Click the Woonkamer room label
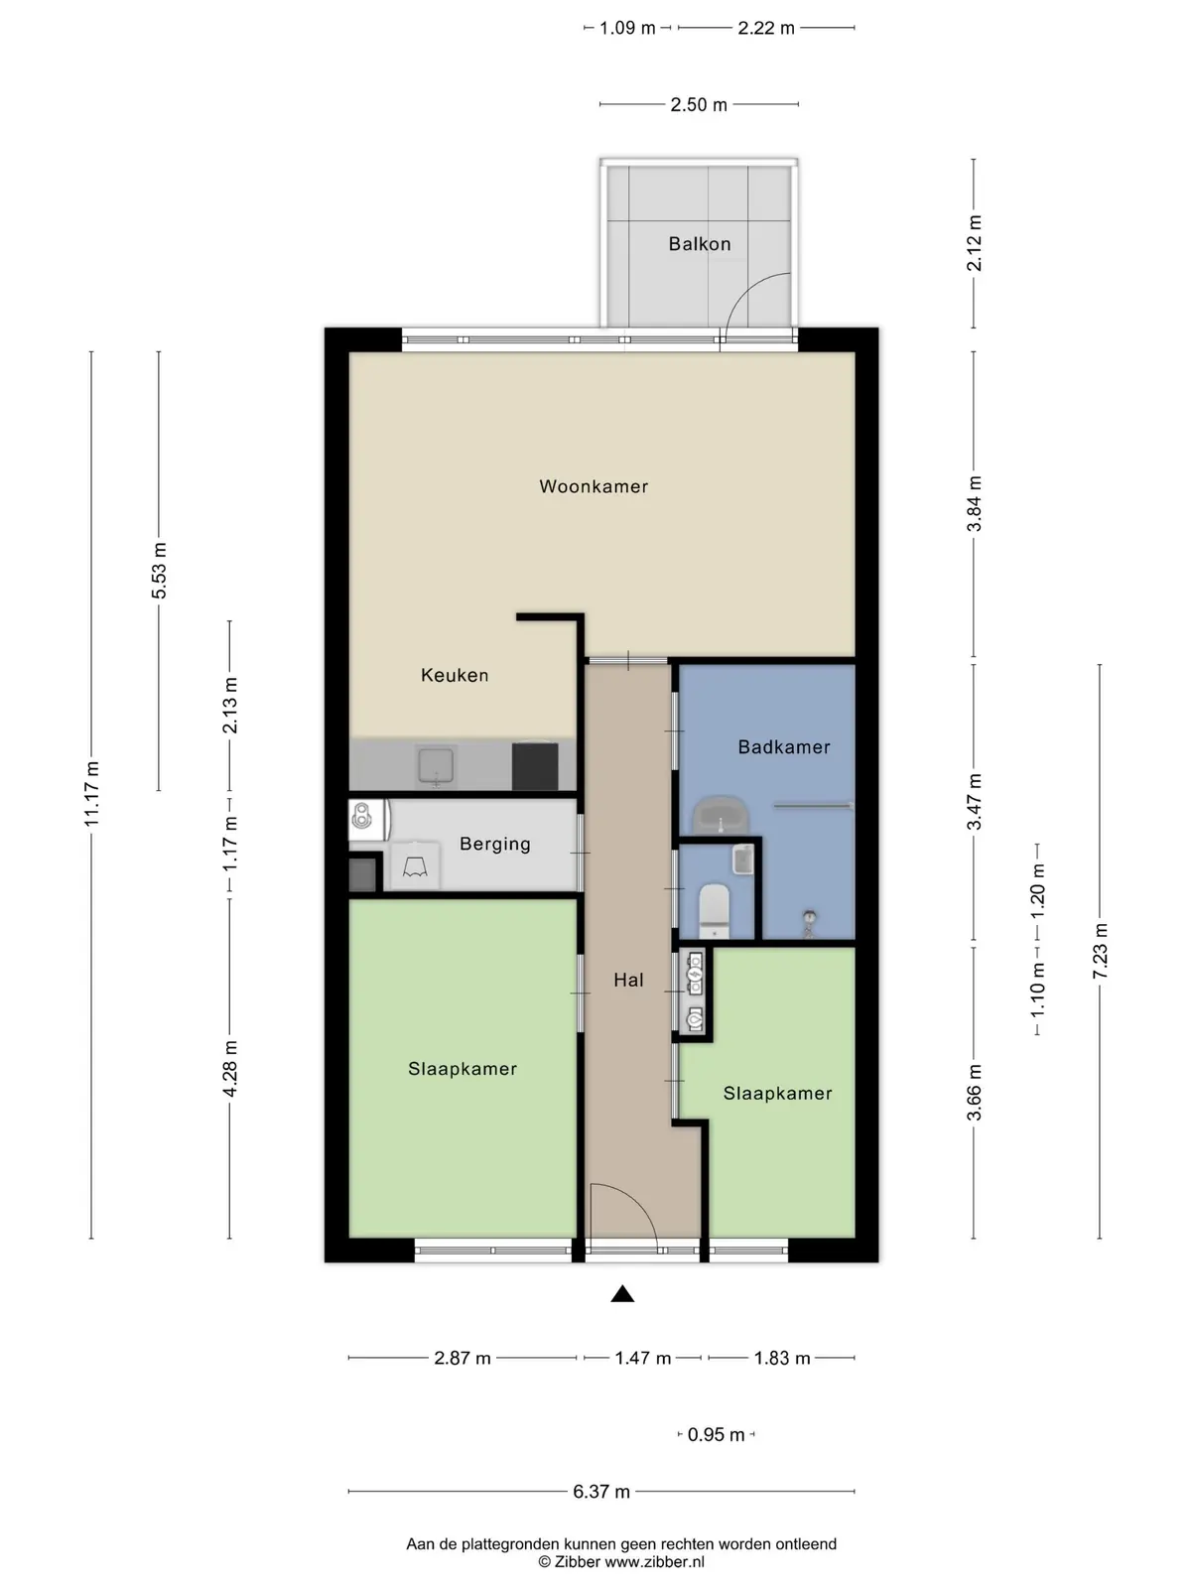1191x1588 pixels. click(594, 486)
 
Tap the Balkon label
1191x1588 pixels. click(700, 244)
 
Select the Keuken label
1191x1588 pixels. click(455, 675)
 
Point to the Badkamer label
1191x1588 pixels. click(784, 746)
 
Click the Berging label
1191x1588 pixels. click(495, 845)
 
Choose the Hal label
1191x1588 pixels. click(628, 980)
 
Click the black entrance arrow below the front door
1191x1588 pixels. click(622, 1293)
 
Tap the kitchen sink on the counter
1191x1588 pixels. click(436, 766)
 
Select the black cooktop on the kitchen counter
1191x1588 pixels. click(535, 766)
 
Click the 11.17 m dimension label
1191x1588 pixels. click(92, 794)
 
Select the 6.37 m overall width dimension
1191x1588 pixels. click(601, 1491)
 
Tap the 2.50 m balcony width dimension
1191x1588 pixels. click(699, 104)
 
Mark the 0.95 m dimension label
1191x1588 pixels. click(716, 1434)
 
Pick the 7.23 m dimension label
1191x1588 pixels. click(1100, 951)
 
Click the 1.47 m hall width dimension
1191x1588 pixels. click(643, 1358)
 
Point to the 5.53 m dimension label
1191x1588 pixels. click(159, 571)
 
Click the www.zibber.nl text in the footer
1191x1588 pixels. click(654, 1562)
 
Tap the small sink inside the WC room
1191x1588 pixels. click(743, 860)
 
